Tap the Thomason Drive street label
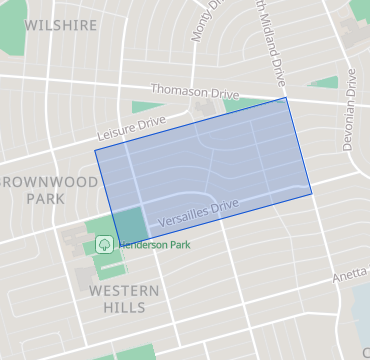tap(190, 91)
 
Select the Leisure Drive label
tap(130, 125)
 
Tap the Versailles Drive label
tap(197, 210)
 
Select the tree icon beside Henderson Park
tap(103, 243)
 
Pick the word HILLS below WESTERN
tap(124, 307)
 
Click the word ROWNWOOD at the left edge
tap(50, 182)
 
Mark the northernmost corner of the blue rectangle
tap(287, 97)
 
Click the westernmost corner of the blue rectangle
tap(95, 151)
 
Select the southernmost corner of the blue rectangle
tap(120, 246)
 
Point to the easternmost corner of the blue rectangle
tap(311, 193)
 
